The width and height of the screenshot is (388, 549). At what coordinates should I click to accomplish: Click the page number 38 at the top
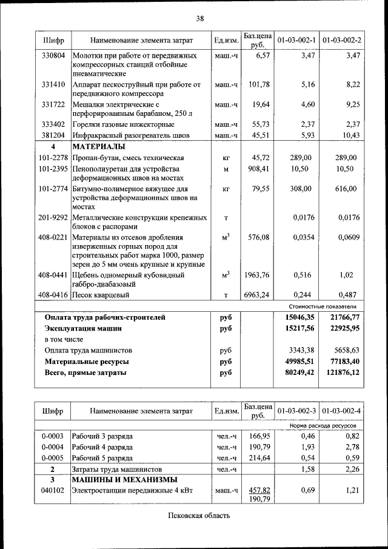point(199,19)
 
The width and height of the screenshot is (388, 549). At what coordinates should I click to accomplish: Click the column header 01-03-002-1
point(296,41)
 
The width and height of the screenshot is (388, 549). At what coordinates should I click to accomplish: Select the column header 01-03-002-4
point(342,411)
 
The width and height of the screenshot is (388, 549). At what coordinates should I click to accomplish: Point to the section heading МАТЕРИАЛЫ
point(99,147)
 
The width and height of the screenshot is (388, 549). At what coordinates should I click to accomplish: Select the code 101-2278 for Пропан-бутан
point(53,158)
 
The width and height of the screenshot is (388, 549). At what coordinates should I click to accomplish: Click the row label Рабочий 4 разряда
point(102,447)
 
